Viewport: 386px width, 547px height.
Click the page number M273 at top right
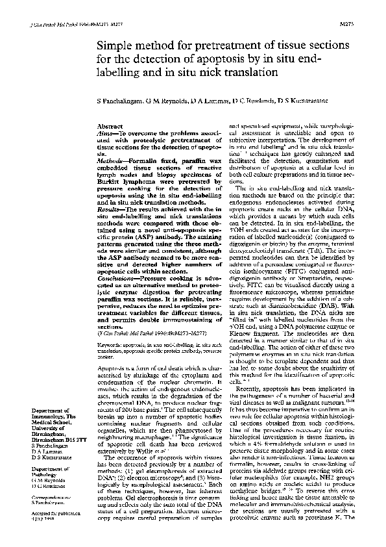365,24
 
